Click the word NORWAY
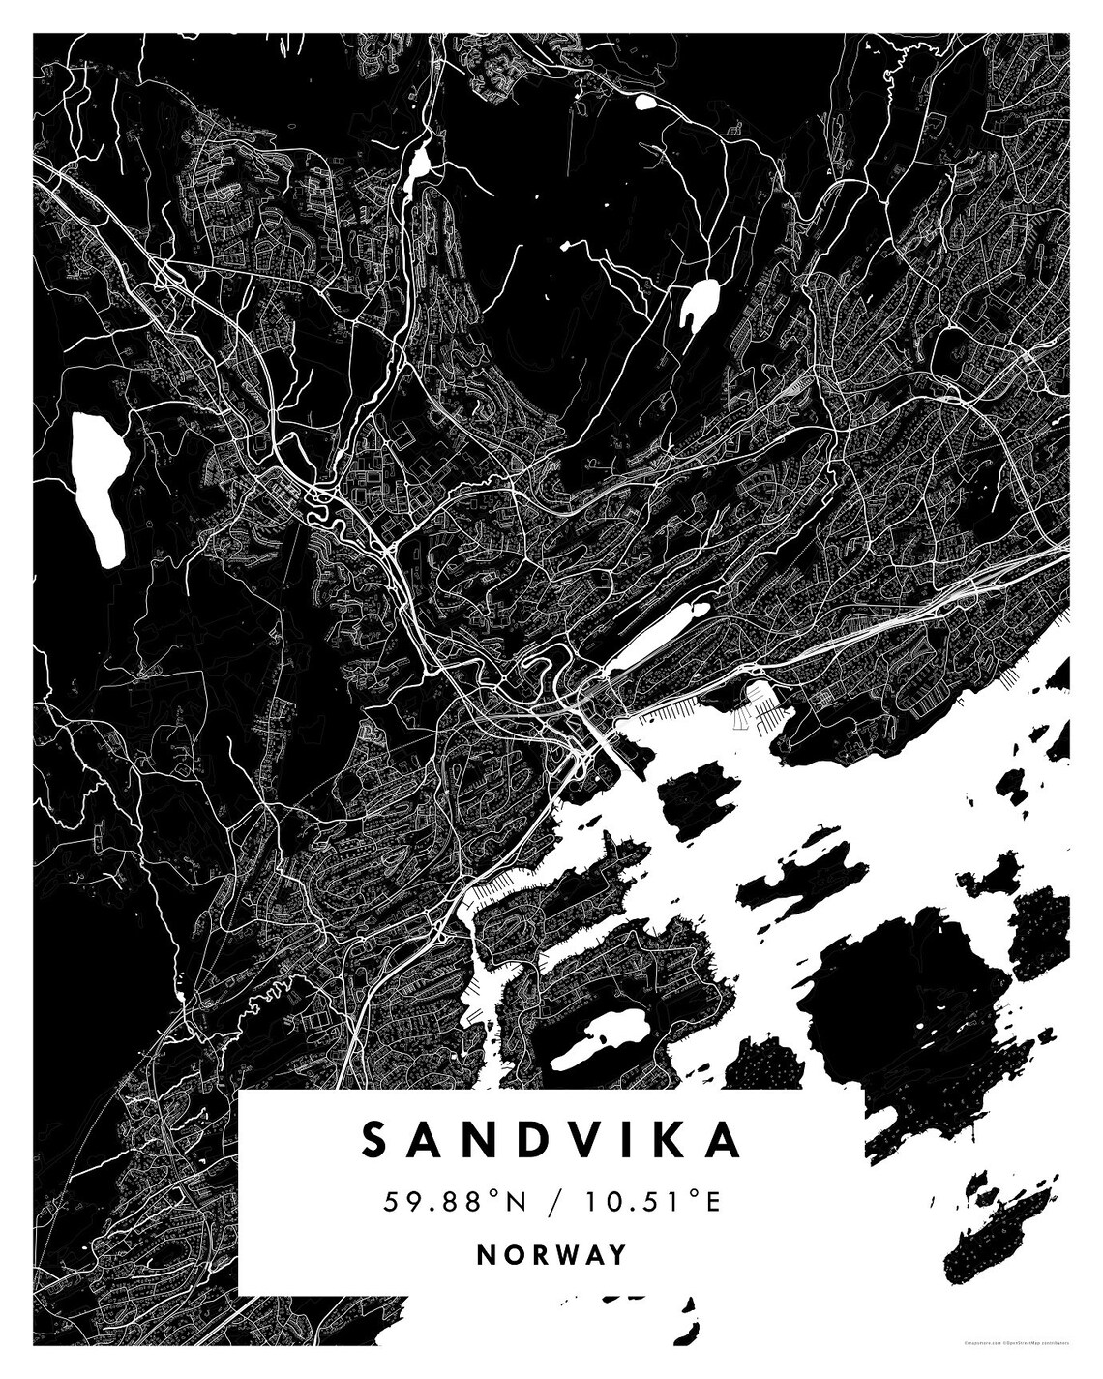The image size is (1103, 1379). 551,1255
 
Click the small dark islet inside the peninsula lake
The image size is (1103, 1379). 601,1039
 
